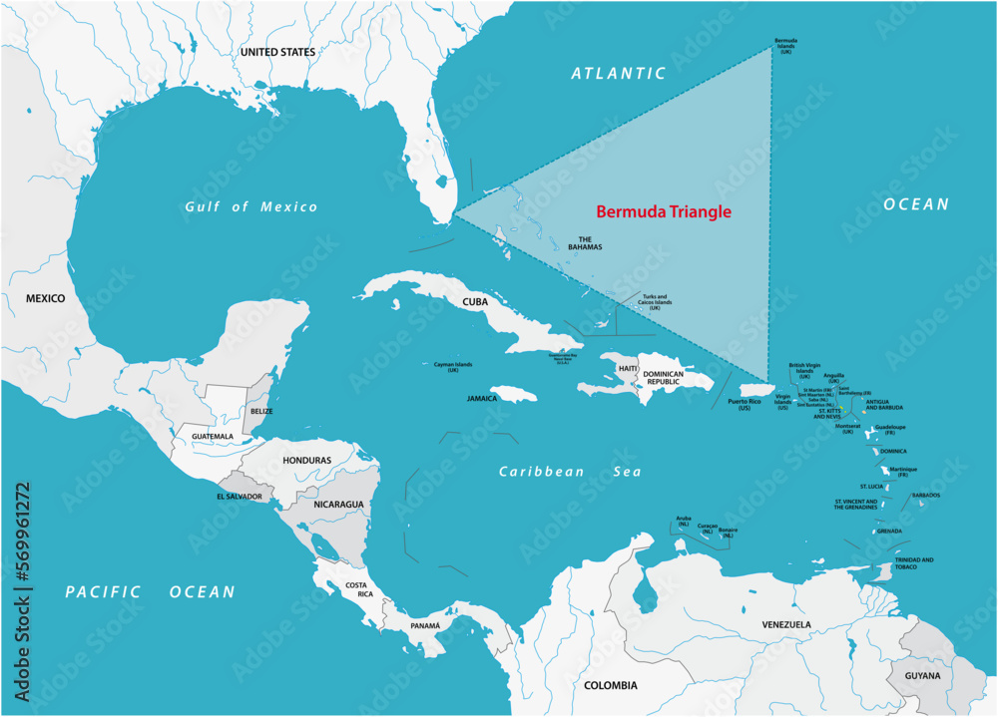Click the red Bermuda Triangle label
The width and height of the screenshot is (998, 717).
coord(664,211)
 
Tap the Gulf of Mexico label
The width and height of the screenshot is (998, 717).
coord(250,206)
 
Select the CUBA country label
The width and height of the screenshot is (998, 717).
coord(474,300)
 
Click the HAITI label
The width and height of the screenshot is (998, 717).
coord(628,368)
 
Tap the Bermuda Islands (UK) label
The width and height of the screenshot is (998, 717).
coord(786,46)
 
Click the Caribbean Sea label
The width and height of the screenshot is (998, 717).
coord(570,472)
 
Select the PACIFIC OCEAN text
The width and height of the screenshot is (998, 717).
coord(150,591)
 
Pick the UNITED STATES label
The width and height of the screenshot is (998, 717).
coord(277,52)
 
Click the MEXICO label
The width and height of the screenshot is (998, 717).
coord(45,298)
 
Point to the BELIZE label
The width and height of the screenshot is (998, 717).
coord(261,411)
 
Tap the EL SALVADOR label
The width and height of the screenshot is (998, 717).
coord(240,496)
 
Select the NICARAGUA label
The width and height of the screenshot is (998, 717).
coord(339,505)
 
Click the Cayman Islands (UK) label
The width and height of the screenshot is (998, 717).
coord(452,367)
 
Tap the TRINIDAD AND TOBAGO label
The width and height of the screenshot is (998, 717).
coord(914,563)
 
